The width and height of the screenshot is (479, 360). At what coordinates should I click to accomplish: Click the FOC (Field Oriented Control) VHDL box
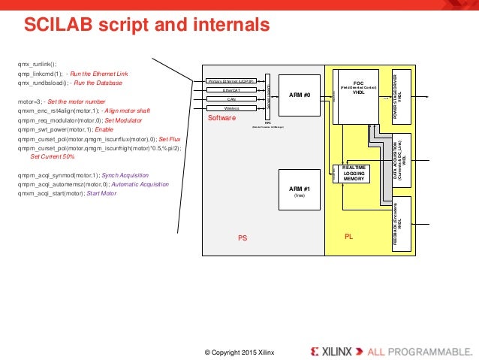(357, 95)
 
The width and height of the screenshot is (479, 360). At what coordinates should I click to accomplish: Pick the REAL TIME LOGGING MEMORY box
(354, 174)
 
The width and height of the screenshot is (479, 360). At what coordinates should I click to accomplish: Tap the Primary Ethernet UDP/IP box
(231, 80)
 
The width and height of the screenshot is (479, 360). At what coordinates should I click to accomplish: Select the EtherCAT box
(231, 89)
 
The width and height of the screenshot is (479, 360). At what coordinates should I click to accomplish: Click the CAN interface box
(231, 98)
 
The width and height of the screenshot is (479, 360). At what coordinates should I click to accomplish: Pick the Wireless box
(231, 108)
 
